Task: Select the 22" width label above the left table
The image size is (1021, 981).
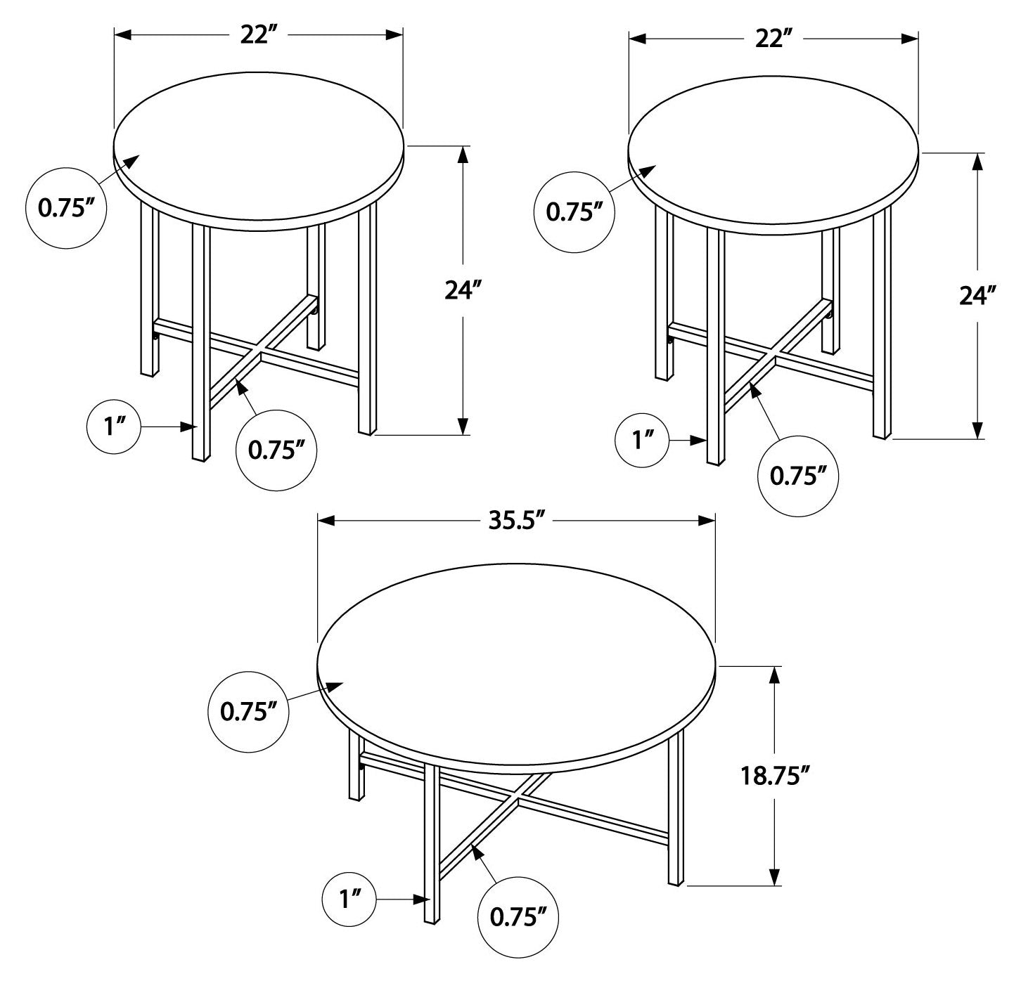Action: pos(258,35)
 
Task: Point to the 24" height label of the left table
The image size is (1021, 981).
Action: pos(463,290)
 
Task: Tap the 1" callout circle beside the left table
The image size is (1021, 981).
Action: pos(113,427)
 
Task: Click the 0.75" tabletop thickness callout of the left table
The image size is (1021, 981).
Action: pos(66,208)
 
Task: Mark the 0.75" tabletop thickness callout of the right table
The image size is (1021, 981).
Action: pos(574,212)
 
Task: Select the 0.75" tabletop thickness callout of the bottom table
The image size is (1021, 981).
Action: pos(249,712)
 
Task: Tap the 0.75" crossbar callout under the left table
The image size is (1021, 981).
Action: pos(276,450)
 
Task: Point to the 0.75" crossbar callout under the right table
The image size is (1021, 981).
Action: pos(798,476)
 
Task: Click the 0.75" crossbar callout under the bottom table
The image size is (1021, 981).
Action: pos(518,916)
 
